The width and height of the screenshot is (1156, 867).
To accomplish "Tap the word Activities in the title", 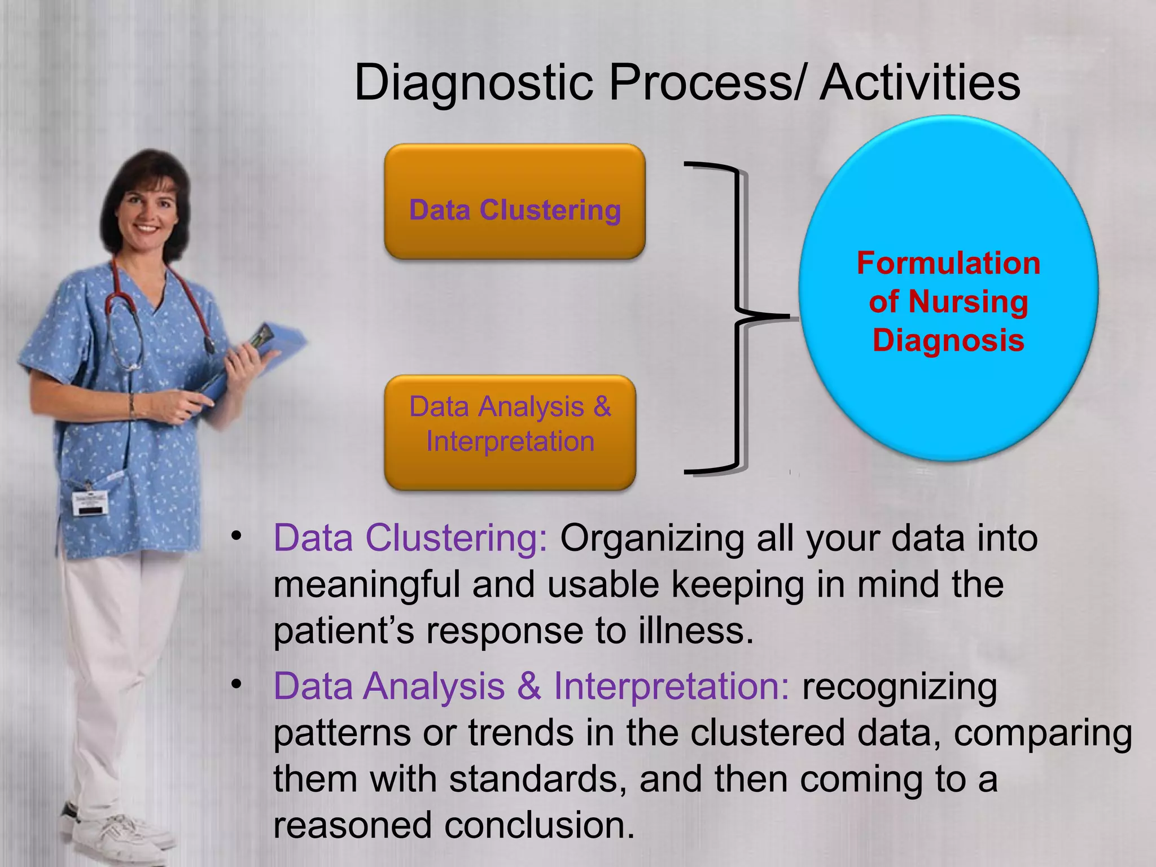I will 919,84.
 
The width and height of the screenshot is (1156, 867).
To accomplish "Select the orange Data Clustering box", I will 514,202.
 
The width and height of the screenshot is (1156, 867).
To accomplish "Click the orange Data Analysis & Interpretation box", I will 510,432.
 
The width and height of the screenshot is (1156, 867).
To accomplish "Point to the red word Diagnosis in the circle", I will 948,340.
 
